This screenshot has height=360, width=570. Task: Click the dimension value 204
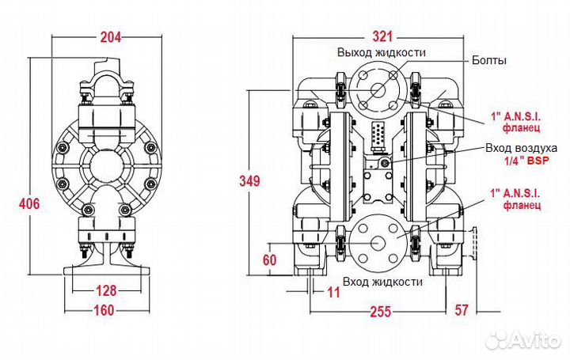point(111,37)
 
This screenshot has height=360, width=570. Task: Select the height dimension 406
point(29,203)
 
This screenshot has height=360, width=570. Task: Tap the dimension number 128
point(106,290)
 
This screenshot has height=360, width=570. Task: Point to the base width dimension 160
point(104,311)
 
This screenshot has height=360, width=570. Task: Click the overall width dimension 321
point(383,36)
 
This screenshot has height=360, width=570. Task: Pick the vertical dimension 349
point(249,180)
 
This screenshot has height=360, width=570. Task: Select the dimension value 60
point(269,260)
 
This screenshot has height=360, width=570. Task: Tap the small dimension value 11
point(333,292)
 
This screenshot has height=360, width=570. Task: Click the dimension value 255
point(381,312)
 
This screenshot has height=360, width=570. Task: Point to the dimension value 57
point(462,310)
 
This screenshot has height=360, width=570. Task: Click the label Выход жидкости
point(382,52)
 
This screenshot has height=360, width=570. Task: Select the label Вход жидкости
point(383,282)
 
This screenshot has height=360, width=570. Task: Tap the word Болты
point(489,60)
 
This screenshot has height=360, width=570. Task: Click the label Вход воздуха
point(521,148)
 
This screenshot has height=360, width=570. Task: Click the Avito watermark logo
point(523,340)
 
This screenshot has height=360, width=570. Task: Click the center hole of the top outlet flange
point(378,89)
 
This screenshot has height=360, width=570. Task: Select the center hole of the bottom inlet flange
point(378,243)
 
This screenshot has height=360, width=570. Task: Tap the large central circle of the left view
point(107,168)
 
